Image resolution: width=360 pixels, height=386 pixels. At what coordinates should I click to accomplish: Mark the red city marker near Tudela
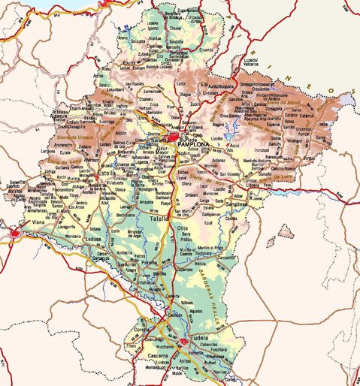click(x=183, y=343)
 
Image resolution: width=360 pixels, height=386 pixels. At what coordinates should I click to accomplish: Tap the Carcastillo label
click(x=225, y=255)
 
